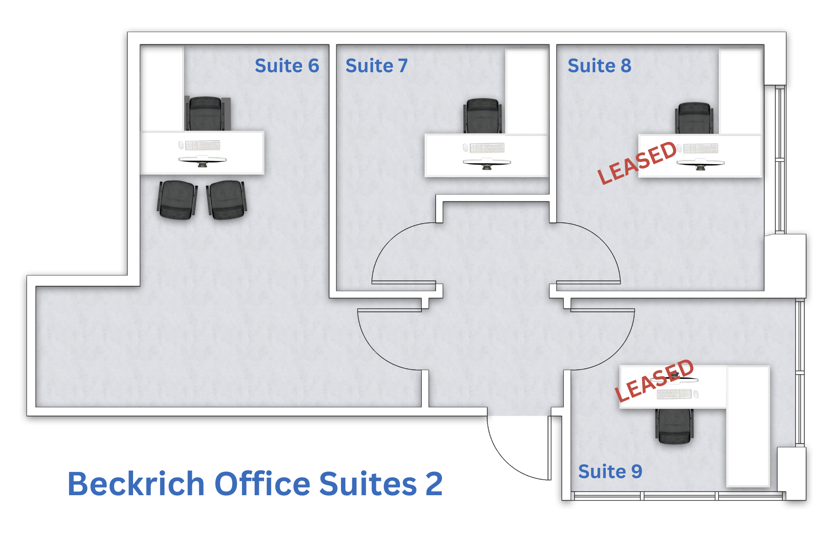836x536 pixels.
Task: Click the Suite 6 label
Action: (x=287, y=66)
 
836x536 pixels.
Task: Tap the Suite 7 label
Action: (x=376, y=66)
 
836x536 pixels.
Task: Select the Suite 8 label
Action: (x=599, y=66)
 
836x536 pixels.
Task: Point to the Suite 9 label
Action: (x=610, y=472)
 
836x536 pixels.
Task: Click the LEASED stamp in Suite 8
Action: (x=637, y=162)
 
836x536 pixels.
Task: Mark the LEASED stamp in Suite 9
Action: (x=654, y=381)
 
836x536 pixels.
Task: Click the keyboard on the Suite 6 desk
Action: (x=203, y=145)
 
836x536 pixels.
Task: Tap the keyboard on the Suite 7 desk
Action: (x=487, y=148)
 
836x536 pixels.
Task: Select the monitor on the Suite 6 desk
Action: (x=202, y=161)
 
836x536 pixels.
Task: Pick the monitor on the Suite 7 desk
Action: (x=487, y=164)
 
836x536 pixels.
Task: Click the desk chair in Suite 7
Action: (x=482, y=116)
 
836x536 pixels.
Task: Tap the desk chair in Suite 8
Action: (x=694, y=118)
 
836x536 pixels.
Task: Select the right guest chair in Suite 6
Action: (x=227, y=200)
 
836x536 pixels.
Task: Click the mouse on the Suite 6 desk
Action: (x=181, y=145)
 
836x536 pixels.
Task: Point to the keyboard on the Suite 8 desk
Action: (x=701, y=148)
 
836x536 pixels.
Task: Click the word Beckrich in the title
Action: (x=136, y=484)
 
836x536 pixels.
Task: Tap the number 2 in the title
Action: (x=434, y=484)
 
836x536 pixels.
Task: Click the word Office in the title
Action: (x=262, y=484)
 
